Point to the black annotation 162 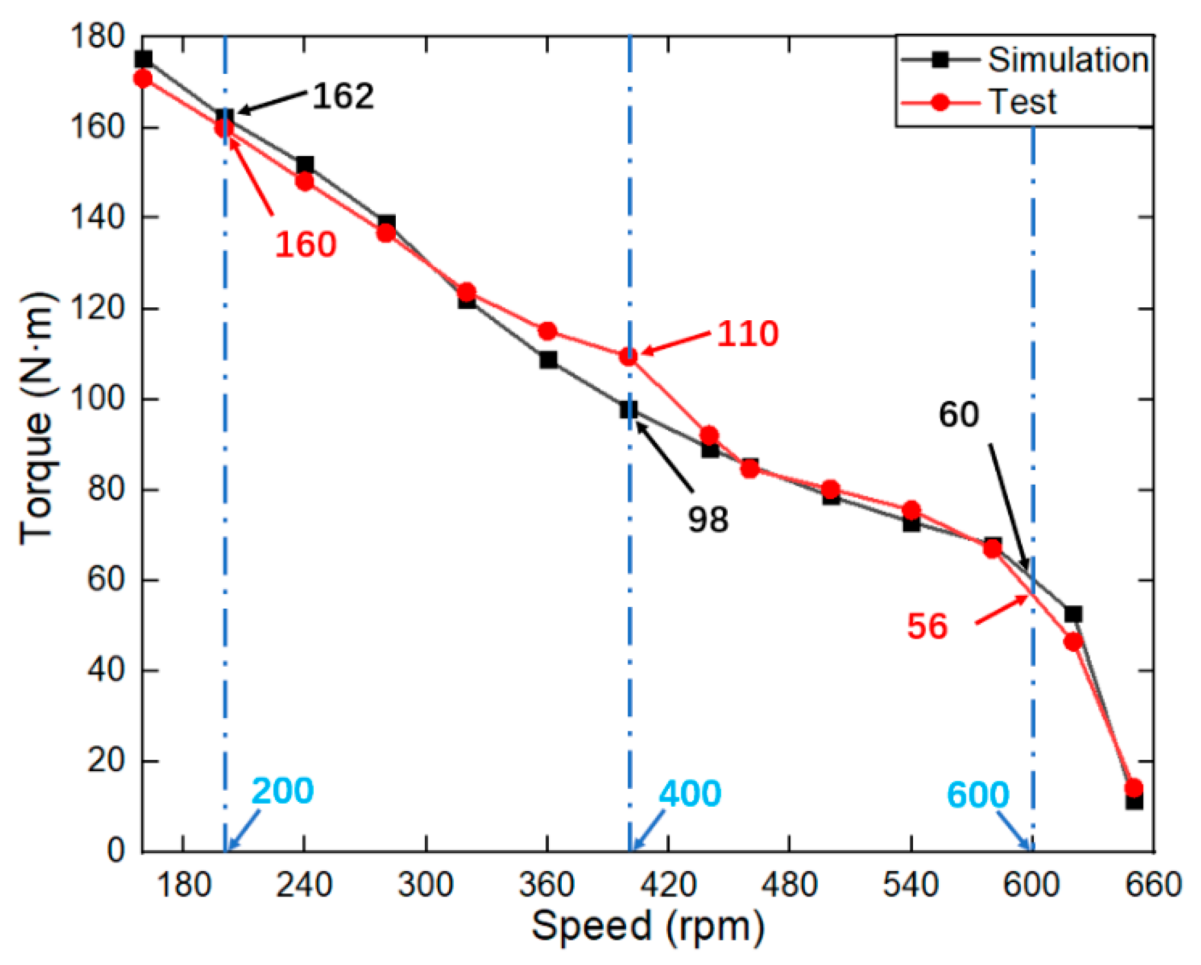point(343,96)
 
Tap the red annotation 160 point(305,244)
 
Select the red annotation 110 point(747,333)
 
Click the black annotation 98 point(708,519)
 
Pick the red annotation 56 point(927,626)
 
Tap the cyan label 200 point(282,791)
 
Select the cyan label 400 point(689,793)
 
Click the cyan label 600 point(978,794)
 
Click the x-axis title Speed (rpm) point(647,926)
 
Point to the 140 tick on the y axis point(98,217)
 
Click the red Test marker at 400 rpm point(629,356)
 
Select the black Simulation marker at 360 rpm point(548,359)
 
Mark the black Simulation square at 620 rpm point(1073,614)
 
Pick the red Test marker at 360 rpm point(548,332)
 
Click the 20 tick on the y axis point(106,761)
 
